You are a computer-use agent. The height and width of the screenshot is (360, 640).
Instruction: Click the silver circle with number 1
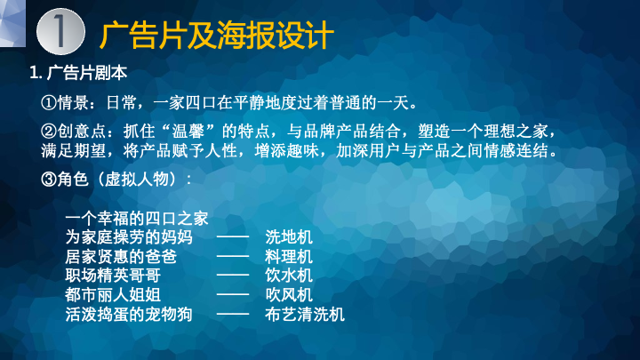point(60,32)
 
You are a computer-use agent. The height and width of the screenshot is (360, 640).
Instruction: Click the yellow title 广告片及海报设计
point(217,36)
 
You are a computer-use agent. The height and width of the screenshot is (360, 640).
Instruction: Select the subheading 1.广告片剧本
point(78,73)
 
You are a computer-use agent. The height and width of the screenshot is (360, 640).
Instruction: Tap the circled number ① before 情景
point(49,103)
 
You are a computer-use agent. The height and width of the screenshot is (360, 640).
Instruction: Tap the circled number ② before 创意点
point(49,132)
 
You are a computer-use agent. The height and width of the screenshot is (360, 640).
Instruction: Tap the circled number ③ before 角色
point(49,180)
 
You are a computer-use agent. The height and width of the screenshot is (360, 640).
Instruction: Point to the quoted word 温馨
point(188,132)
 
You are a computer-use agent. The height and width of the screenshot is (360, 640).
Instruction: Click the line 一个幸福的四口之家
point(137,219)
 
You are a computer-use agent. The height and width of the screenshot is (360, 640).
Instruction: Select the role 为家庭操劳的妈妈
point(129,237)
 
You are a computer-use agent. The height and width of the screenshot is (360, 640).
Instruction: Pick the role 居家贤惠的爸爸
point(121,257)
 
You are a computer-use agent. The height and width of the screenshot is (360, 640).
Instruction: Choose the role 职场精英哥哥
point(113,276)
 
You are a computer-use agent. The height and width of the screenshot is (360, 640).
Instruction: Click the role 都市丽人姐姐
point(113,295)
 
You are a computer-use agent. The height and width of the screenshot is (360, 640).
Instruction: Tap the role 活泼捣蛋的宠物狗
point(129,315)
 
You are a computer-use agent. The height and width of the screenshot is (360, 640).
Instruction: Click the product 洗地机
point(289,237)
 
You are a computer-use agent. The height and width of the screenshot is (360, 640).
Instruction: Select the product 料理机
point(289,257)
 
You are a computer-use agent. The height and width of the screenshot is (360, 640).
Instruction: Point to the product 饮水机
point(289,276)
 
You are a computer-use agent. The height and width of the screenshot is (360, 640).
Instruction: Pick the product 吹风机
point(289,295)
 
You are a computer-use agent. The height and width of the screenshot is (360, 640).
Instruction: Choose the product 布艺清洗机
point(305,315)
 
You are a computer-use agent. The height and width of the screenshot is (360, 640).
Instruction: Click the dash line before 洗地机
point(233,236)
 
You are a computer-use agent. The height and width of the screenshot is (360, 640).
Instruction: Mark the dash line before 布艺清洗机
point(233,314)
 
